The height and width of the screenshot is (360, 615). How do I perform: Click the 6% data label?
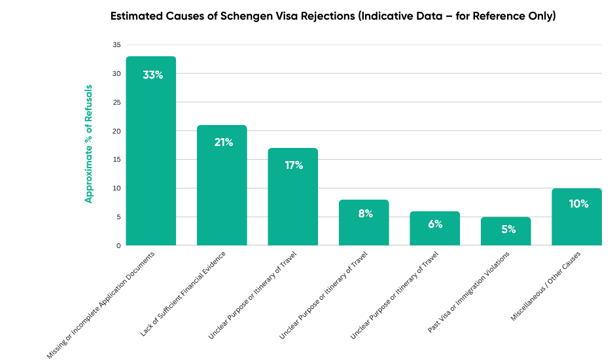435,224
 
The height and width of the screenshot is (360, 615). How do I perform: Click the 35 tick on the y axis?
116,45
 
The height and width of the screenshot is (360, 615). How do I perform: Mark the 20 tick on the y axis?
116,131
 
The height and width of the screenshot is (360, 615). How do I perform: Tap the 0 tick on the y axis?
118,245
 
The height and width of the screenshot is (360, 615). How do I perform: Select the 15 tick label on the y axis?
116,160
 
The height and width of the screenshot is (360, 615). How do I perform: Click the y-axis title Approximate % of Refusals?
88,143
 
